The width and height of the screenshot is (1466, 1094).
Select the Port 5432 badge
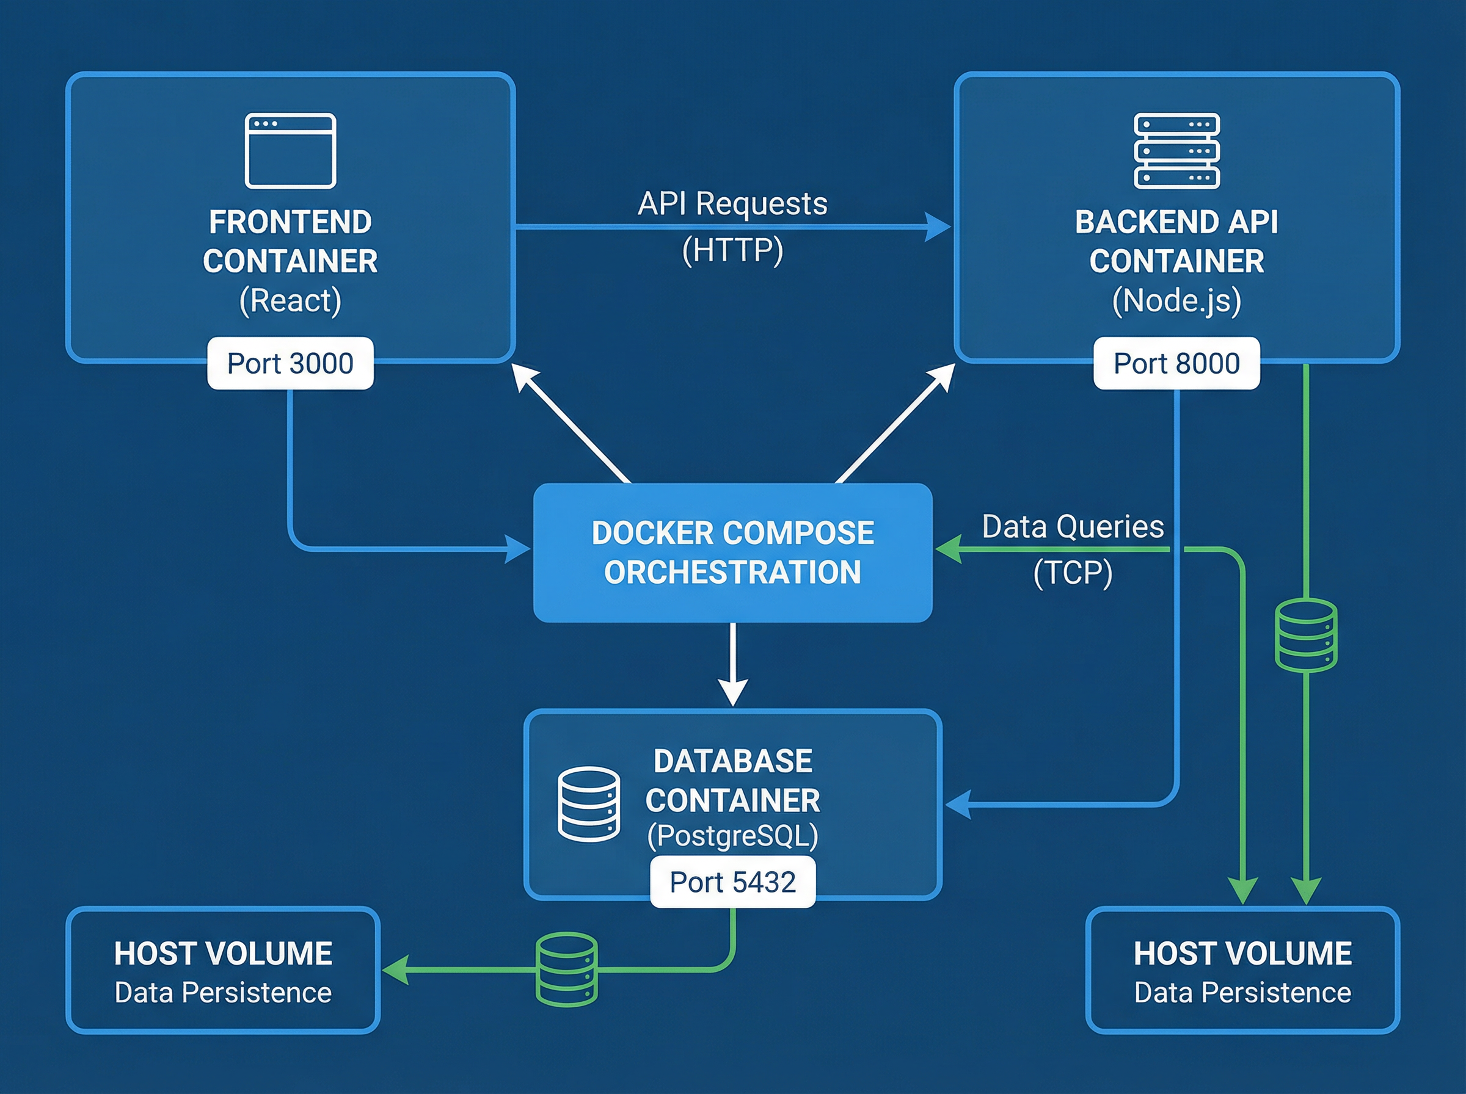coord(732,882)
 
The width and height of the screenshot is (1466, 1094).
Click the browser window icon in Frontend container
coord(290,151)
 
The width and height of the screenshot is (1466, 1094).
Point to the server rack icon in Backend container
coord(1176,151)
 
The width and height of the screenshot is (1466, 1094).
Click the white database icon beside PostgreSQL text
coord(588,804)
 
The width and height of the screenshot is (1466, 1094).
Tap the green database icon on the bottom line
coord(566,969)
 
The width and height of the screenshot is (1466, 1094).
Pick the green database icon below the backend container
coord(1306,635)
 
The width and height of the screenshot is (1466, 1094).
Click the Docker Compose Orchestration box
coord(732,553)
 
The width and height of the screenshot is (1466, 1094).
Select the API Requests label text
coord(732,203)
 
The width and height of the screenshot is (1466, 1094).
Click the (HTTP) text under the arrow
coord(732,250)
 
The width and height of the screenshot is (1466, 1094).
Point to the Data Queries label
coord(1073,527)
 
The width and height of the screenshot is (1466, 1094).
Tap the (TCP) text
coord(1073,573)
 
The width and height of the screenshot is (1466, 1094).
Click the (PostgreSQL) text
coord(732,836)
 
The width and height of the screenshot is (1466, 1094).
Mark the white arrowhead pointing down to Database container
coord(732,693)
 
